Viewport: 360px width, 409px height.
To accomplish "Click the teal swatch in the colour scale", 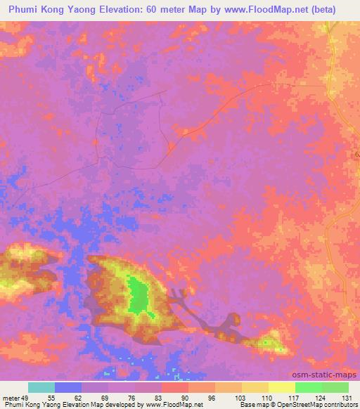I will point(41,388).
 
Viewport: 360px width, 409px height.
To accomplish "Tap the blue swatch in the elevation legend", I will point(68,388).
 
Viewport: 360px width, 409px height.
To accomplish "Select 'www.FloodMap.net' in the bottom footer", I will point(170,404).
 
